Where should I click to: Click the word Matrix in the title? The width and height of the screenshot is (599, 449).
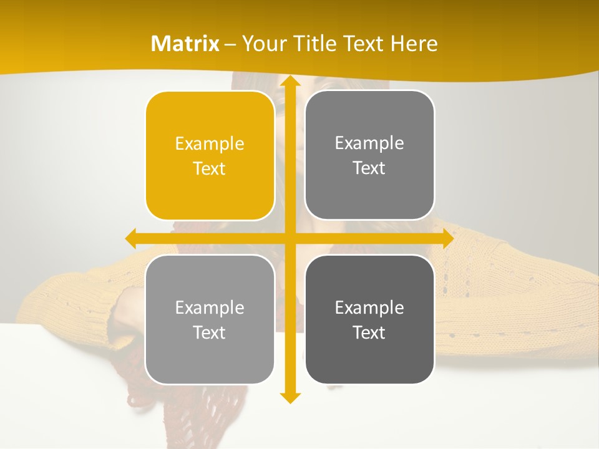click(x=185, y=44)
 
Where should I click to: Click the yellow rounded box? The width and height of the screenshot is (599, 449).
click(x=210, y=155)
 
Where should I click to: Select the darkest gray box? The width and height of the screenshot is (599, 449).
click(x=369, y=319)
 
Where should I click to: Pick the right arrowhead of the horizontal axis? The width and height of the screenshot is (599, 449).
click(x=448, y=239)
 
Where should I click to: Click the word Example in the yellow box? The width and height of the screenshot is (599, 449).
click(x=210, y=144)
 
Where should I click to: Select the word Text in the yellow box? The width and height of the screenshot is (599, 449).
click(x=210, y=168)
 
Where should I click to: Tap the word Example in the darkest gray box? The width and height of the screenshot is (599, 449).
click(x=369, y=307)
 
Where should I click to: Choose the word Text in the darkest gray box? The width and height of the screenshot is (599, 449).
click(x=369, y=332)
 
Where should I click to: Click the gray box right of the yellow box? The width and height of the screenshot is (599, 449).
click(x=369, y=155)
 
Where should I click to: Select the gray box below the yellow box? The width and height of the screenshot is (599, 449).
click(x=210, y=319)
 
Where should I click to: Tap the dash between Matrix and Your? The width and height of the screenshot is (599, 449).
click(x=230, y=44)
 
